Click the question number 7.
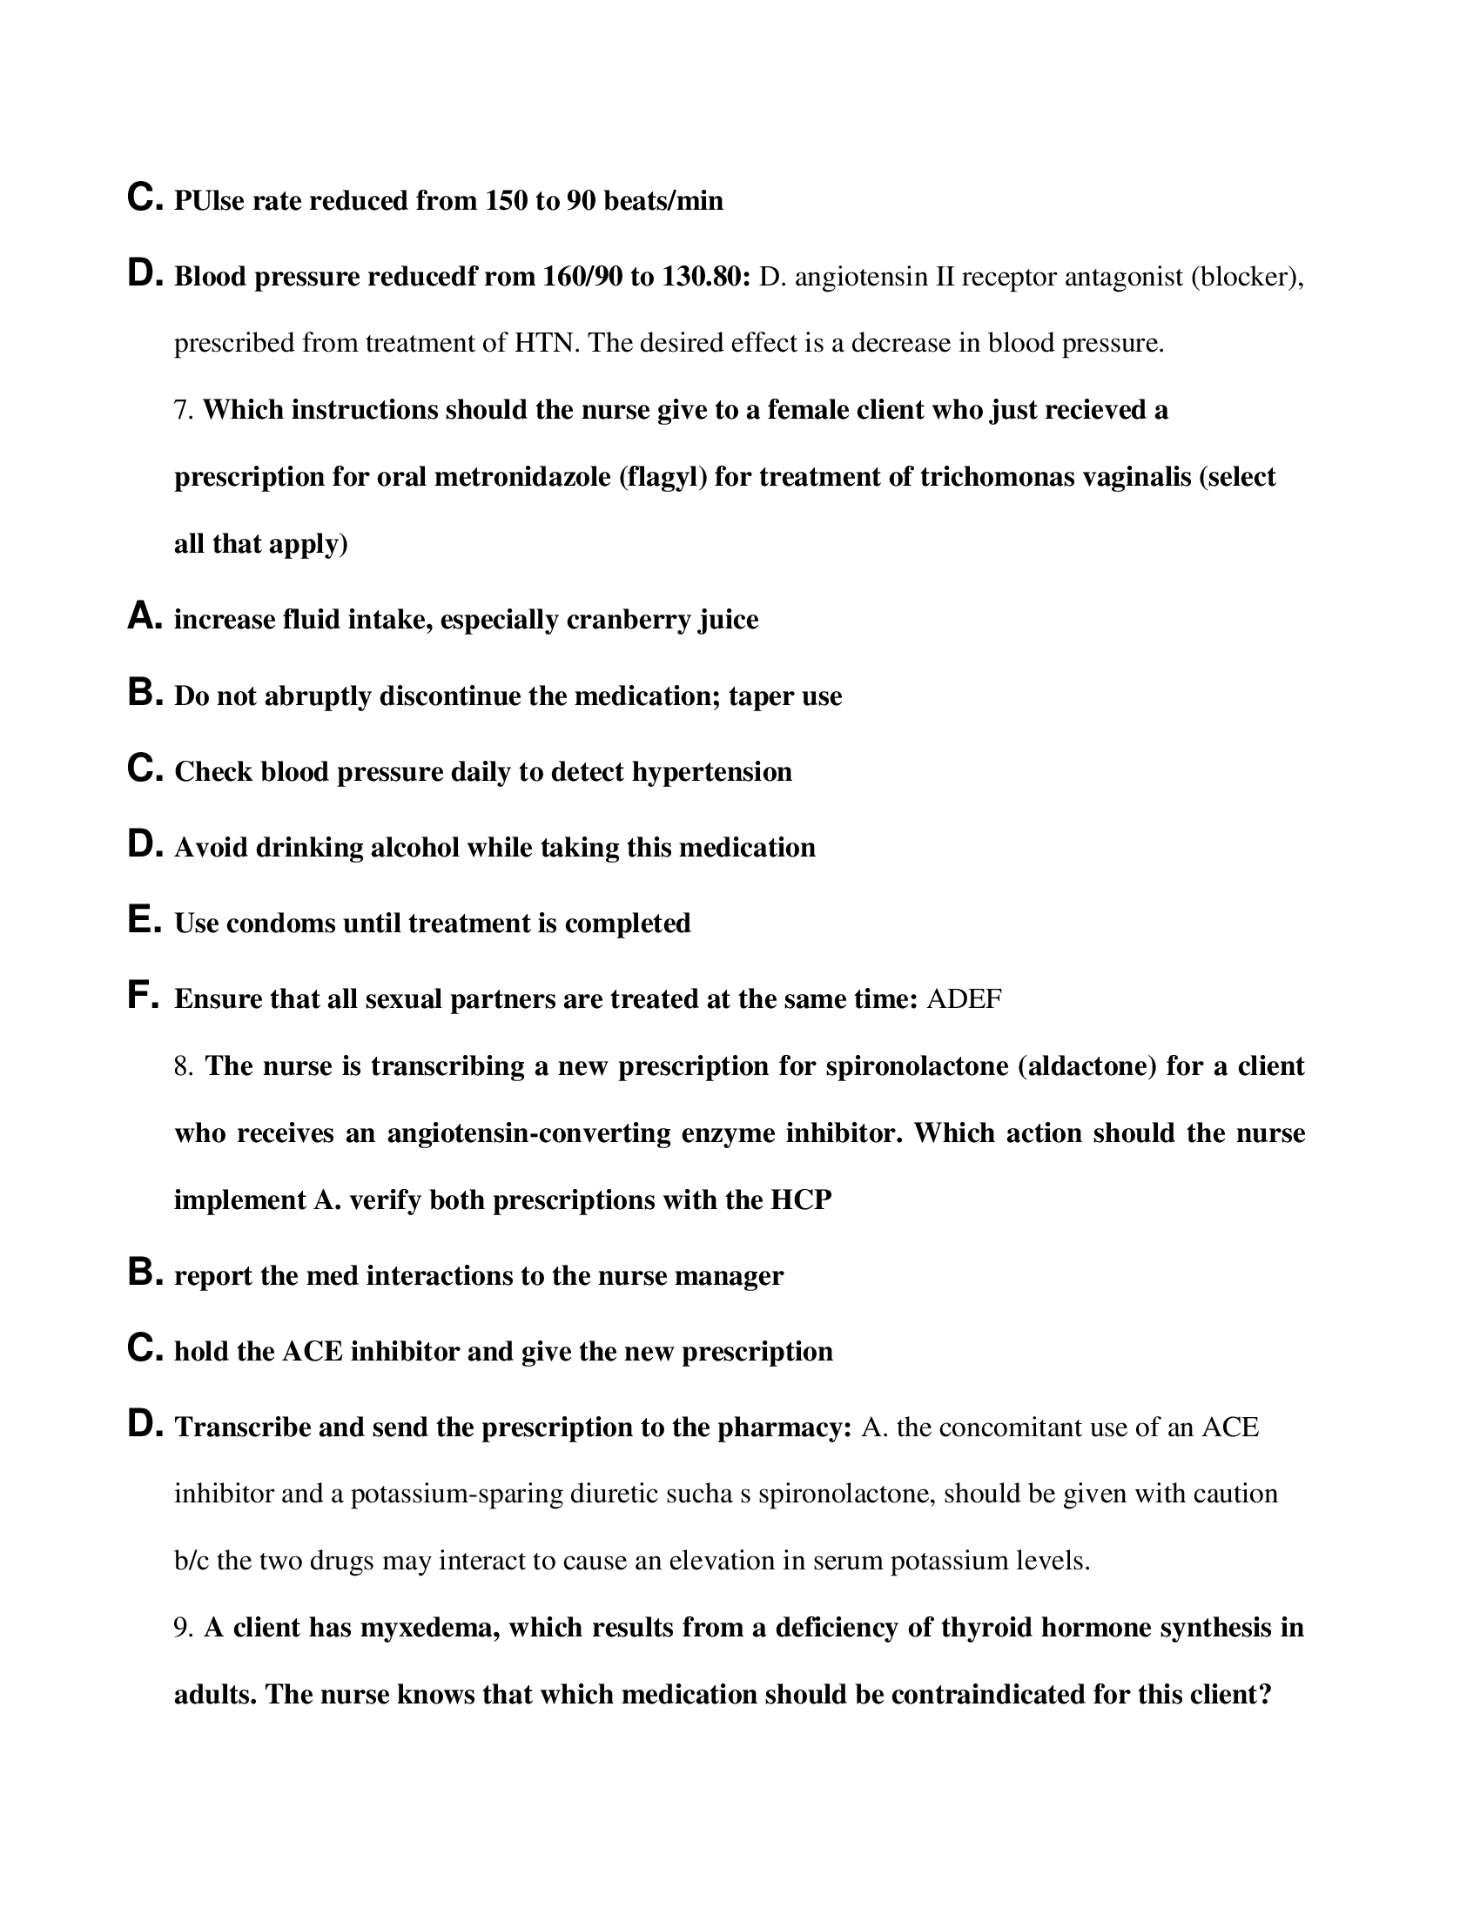(x=182, y=410)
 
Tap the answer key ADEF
(x=964, y=999)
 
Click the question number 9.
(x=182, y=1629)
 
